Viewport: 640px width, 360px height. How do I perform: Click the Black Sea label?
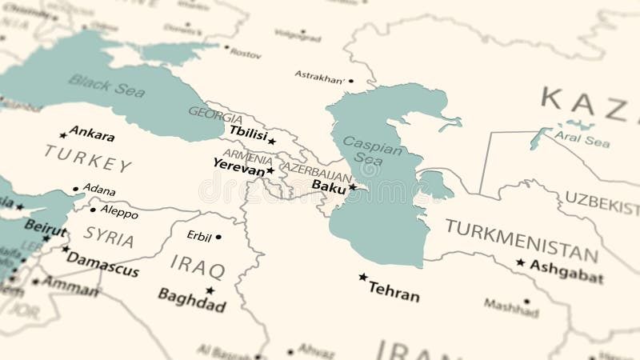(106, 84)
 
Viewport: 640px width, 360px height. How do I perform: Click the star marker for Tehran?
(363, 277)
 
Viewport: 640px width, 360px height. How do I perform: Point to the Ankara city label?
(91, 133)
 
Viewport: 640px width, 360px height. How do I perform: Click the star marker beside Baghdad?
(210, 290)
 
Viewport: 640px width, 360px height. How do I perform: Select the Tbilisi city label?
(247, 133)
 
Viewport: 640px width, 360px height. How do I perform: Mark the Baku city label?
(328, 187)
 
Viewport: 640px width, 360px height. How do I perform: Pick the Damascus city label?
(102, 263)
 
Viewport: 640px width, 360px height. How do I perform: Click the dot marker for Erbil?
(218, 237)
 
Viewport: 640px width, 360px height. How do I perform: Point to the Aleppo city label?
(118, 212)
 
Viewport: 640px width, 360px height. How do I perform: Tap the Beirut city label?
(46, 226)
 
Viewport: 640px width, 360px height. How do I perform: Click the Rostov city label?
(245, 54)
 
